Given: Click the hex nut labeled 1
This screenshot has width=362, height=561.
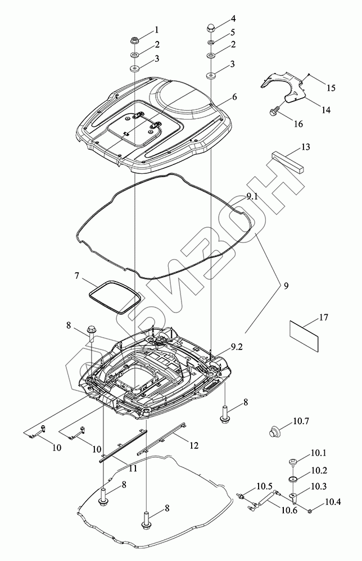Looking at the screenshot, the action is coord(135,40).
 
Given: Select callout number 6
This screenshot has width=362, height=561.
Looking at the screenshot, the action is coord(234,96).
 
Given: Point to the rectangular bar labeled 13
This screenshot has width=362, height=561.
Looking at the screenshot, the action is coord(287,160).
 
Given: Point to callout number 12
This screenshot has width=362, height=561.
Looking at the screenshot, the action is coord(194,446).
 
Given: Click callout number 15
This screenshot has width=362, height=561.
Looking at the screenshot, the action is coord(331,88).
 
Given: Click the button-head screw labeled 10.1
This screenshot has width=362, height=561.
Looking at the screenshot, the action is coord(293,461).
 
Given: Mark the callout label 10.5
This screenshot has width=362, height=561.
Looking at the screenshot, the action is coord(264,486).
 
